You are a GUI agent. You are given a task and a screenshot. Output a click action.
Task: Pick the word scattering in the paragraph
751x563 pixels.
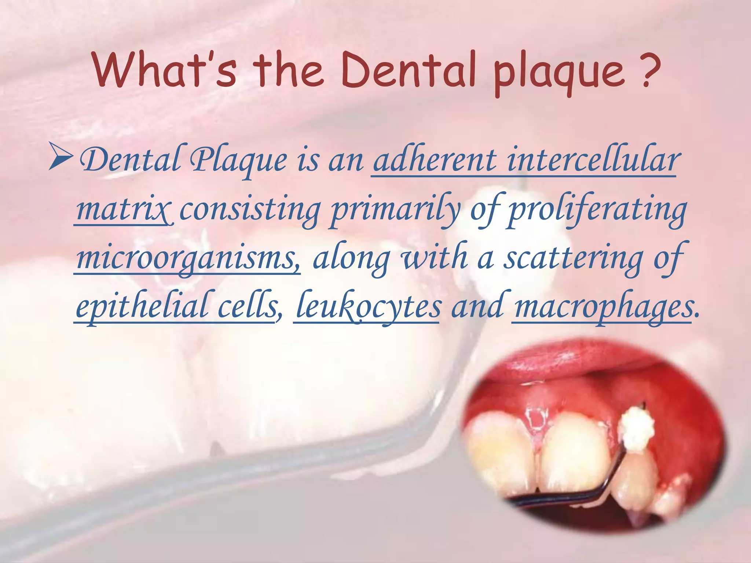(x=572, y=258)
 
